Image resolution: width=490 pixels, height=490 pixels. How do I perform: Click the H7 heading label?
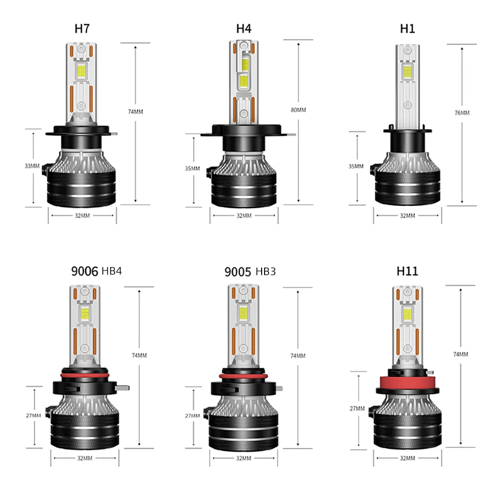pyautogui.click(x=83, y=28)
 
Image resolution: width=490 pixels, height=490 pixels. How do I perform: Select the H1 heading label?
pyautogui.click(x=407, y=28)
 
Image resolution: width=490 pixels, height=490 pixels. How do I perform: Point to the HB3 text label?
pyautogui.click(x=266, y=271)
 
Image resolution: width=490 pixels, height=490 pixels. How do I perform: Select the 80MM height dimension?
pyautogui.click(x=298, y=110)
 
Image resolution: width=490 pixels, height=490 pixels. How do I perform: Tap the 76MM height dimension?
pyautogui.click(x=462, y=113)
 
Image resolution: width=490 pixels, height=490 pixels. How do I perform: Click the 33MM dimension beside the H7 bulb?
pyautogui.click(x=32, y=166)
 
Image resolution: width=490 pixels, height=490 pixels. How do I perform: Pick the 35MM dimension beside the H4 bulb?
pyautogui.click(x=193, y=168)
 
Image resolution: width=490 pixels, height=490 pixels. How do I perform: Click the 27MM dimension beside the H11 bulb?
pyautogui.click(x=358, y=408)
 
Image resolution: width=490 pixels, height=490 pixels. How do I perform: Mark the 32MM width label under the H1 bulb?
pyautogui.click(x=407, y=215)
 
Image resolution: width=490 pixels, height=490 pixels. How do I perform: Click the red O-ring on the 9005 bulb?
pyautogui.click(x=244, y=376)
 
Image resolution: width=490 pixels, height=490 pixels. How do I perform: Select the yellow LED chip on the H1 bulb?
pyautogui.click(x=407, y=73)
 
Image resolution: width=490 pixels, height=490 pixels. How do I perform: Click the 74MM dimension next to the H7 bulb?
pyautogui.click(x=135, y=112)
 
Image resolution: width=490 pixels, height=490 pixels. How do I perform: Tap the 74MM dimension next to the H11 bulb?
pyautogui.click(x=461, y=354)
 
